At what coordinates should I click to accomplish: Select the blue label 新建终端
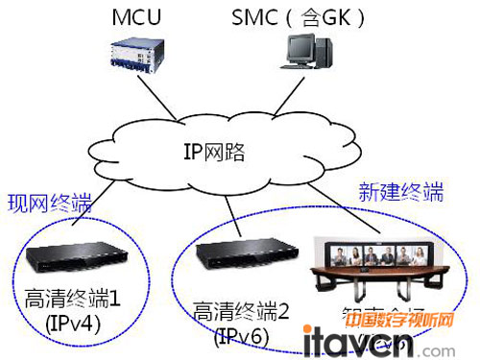(x=400, y=191)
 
